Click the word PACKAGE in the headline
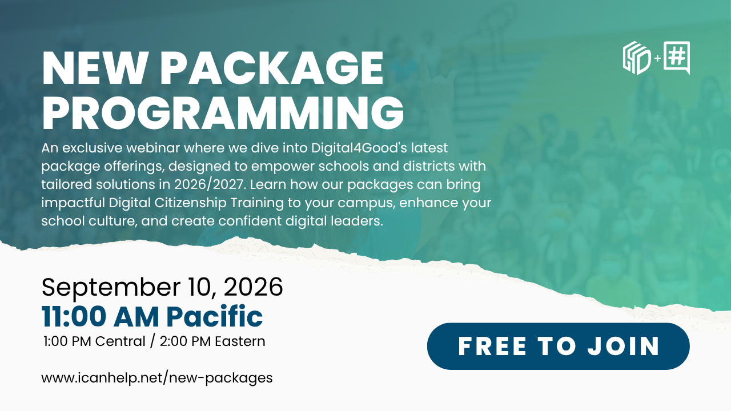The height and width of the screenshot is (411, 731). [x=271, y=68]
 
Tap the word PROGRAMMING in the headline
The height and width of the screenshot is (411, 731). [x=223, y=113]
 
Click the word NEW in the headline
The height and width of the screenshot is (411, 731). [x=94, y=68]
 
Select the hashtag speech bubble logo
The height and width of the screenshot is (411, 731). [x=677, y=58]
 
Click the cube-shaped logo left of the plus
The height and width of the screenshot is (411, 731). [x=636, y=58]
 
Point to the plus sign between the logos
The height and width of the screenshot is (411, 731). [x=657, y=58]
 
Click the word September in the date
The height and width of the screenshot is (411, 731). [x=111, y=288]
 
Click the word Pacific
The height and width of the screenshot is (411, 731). [x=215, y=316]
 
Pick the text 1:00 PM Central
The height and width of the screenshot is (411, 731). [x=94, y=341]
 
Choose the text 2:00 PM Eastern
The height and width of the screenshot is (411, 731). [x=212, y=341]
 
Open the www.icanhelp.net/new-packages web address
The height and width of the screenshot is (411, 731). [x=157, y=378]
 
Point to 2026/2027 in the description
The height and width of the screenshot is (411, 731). [x=209, y=184]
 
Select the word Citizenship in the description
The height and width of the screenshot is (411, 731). [x=190, y=203]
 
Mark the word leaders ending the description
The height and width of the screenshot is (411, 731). [x=357, y=221]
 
